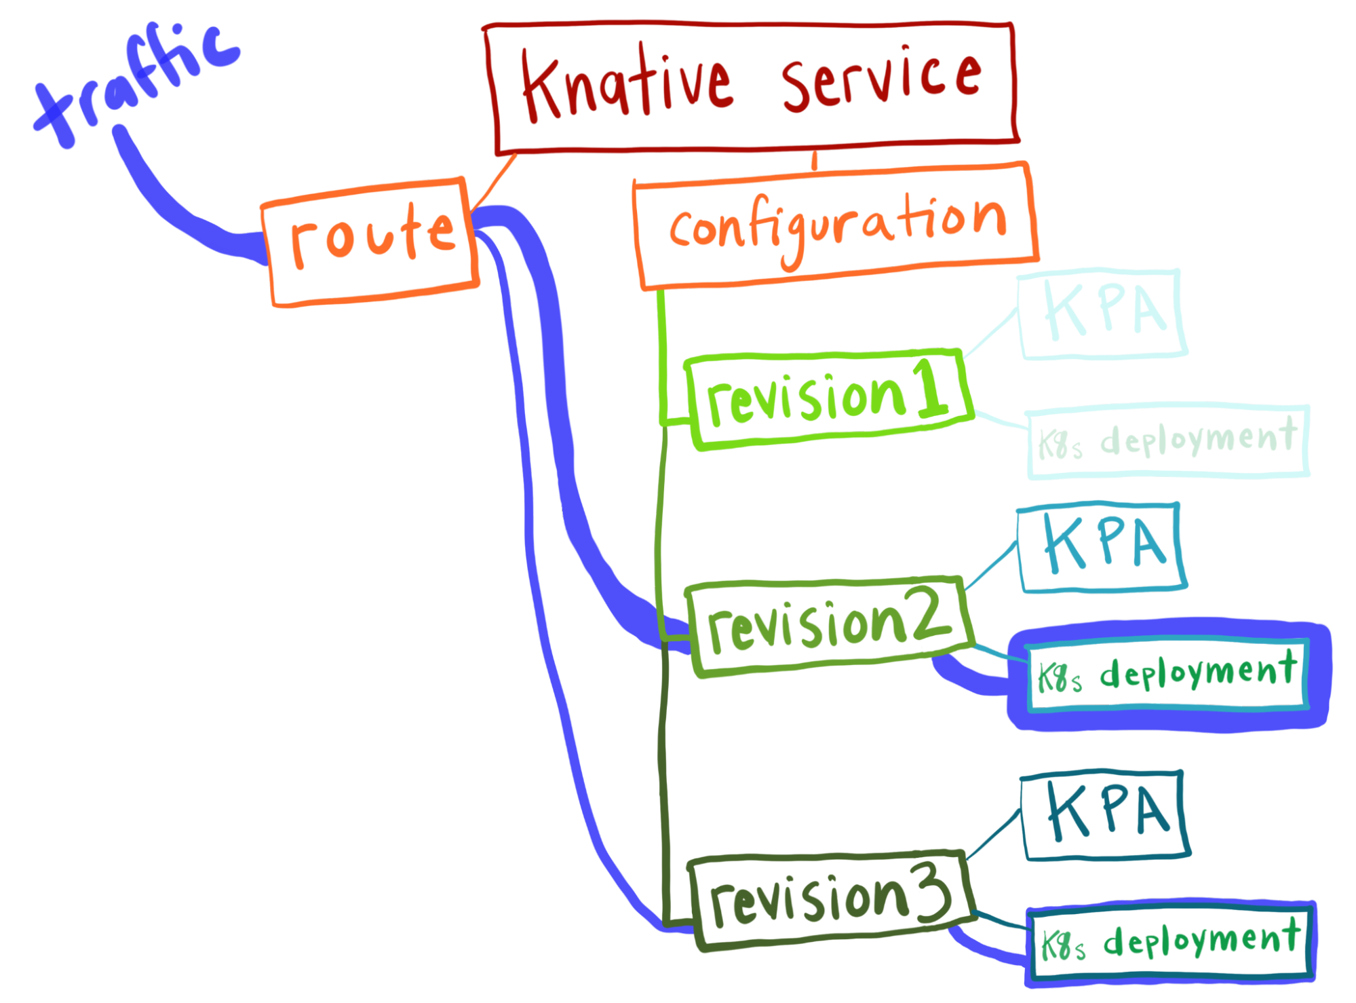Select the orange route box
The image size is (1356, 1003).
(x=371, y=242)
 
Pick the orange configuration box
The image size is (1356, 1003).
(x=836, y=227)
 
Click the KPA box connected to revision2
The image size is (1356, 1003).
(x=1102, y=546)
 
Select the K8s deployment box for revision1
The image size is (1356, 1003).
(x=1168, y=441)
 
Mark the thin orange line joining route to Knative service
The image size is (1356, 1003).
(x=494, y=181)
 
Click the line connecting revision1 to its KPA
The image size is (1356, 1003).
(x=990, y=333)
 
